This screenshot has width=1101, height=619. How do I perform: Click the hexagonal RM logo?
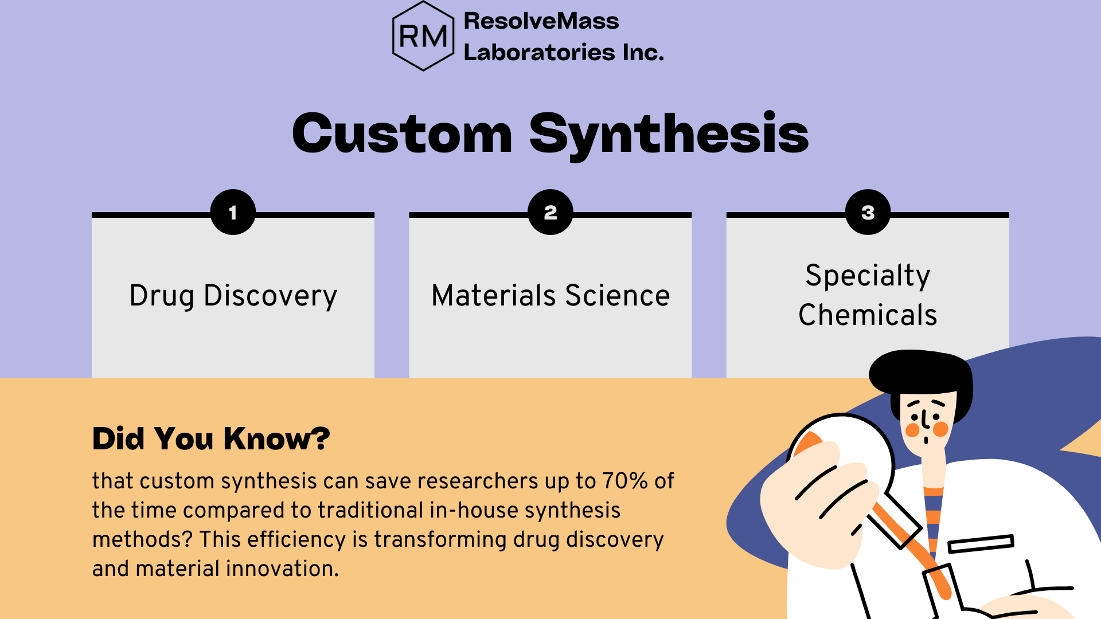pyautogui.click(x=423, y=36)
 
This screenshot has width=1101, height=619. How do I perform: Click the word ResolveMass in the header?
pyautogui.click(x=541, y=21)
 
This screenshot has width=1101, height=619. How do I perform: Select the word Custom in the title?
pyautogui.click(x=402, y=134)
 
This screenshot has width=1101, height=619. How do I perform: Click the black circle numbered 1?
pyautogui.click(x=233, y=212)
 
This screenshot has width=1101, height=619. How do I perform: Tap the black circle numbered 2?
pyautogui.click(x=550, y=212)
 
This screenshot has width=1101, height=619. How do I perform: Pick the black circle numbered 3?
pyautogui.click(x=868, y=212)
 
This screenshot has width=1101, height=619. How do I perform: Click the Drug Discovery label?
pyautogui.click(x=233, y=296)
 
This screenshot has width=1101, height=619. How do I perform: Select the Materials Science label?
pyautogui.click(x=550, y=296)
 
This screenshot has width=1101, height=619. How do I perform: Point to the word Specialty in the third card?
pyautogui.click(x=868, y=276)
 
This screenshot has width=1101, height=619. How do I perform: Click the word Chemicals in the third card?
pyautogui.click(x=868, y=315)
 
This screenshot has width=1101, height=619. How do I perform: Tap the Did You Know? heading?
pyautogui.click(x=211, y=439)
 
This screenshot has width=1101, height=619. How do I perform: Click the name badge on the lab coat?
pyautogui.click(x=981, y=543)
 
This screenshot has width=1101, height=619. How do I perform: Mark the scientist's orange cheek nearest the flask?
pyautogui.click(x=912, y=430)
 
